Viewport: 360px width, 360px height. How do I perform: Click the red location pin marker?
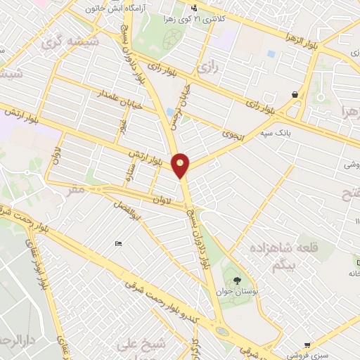[181, 165]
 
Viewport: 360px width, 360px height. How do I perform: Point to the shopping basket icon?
[294, 94]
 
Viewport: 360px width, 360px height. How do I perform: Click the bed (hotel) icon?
[118, 243]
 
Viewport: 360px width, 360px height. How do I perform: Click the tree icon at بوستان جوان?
[235, 281]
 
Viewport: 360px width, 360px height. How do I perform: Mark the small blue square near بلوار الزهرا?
[271, 53]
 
